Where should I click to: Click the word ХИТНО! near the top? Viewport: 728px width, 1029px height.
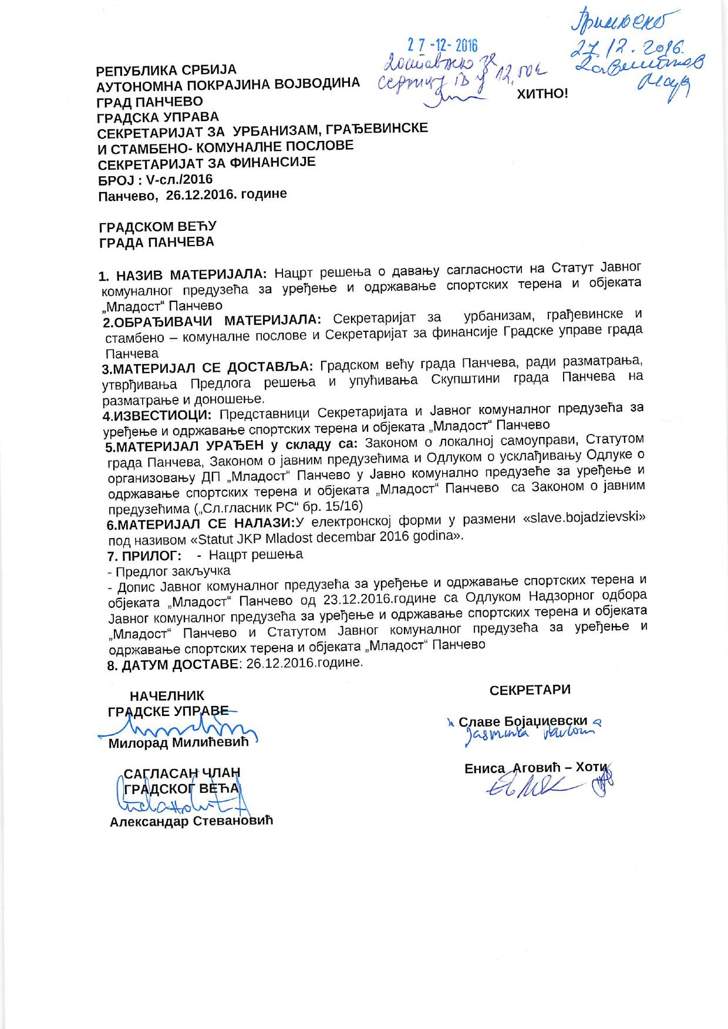[x=542, y=94]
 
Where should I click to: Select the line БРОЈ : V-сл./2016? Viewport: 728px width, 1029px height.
[x=155, y=179]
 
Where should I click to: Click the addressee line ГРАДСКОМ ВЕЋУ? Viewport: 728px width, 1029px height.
[x=158, y=227]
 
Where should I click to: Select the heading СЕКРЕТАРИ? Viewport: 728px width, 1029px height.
[x=530, y=690]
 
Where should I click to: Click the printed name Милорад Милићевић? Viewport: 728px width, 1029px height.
[x=178, y=743]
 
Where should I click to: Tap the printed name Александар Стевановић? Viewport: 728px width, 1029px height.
[x=191, y=821]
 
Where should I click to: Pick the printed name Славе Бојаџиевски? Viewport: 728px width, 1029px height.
[x=523, y=722]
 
